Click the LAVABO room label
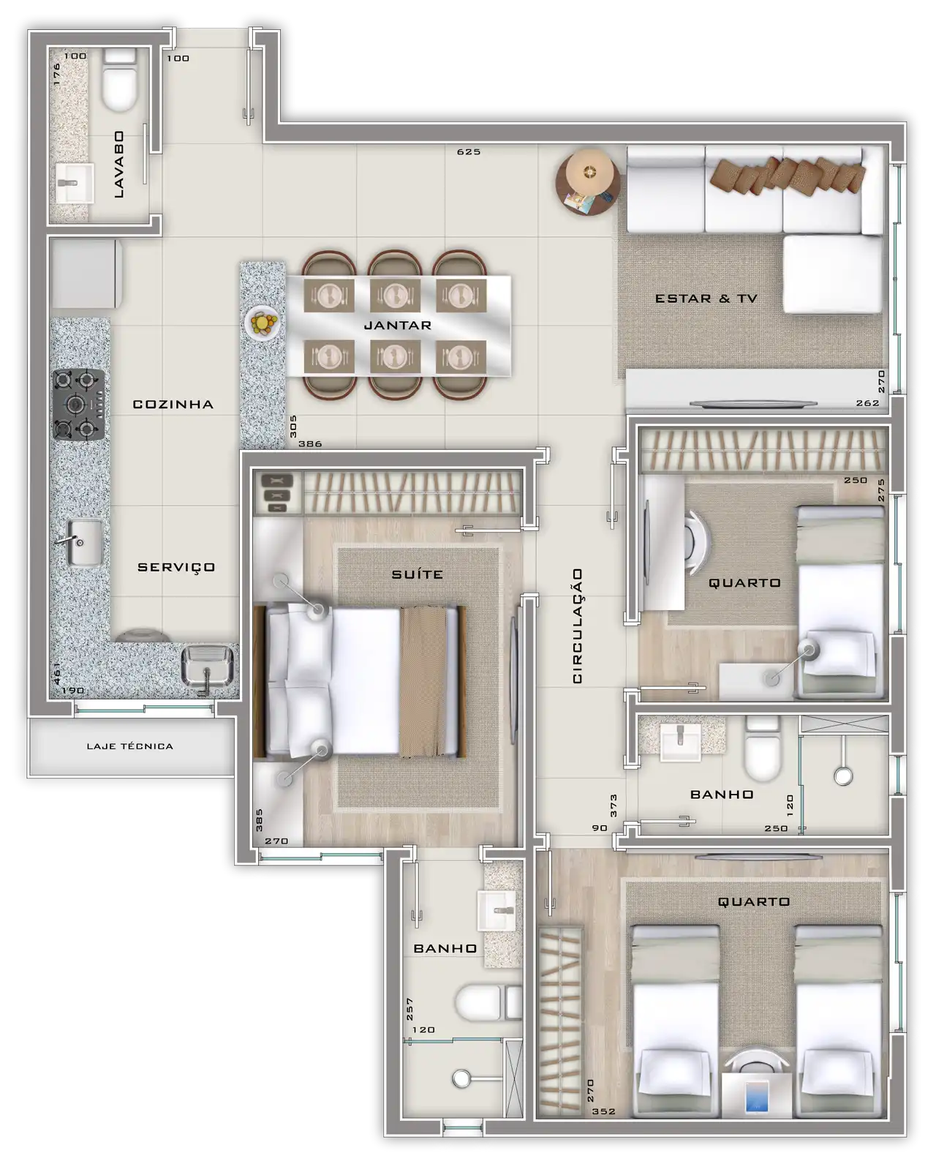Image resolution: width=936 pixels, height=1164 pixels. [119, 164]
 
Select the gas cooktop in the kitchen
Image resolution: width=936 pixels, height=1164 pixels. [78, 404]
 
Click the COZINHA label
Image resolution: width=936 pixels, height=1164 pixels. [173, 404]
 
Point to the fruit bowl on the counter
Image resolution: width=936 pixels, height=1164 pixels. [263, 323]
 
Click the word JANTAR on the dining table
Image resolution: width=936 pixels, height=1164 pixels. [398, 325]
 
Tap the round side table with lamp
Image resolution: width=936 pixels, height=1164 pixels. [589, 182]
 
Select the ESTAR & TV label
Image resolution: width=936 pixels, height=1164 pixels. [706, 298]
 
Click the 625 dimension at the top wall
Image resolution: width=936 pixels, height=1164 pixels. [468, 151]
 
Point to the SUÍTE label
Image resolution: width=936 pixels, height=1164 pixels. [417, 574]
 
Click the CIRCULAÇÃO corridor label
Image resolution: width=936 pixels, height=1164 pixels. [578, 626]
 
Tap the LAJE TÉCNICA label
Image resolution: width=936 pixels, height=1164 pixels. [129, 746]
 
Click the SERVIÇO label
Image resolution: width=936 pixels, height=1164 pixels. [176, 568]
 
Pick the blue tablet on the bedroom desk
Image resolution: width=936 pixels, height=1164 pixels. [757, 1097]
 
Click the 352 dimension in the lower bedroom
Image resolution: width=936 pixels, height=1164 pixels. [603, 1111]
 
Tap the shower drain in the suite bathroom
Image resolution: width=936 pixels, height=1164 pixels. [461, 1078]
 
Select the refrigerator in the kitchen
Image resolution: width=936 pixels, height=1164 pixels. [86, 275]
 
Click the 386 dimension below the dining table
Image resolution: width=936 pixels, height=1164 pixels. [310, 443]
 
